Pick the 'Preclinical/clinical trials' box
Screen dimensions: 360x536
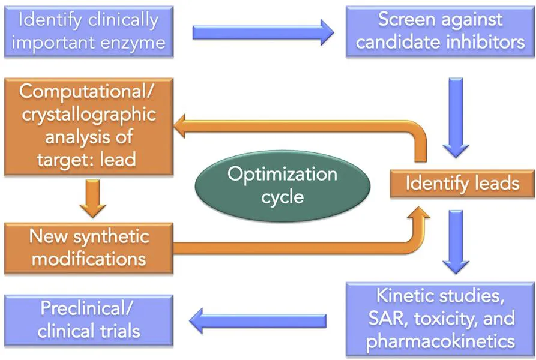point(88,320)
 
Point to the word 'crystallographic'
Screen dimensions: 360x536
point(88,115)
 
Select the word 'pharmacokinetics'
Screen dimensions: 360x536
point(440,341)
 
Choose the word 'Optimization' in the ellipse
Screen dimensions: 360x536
point(283,175)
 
